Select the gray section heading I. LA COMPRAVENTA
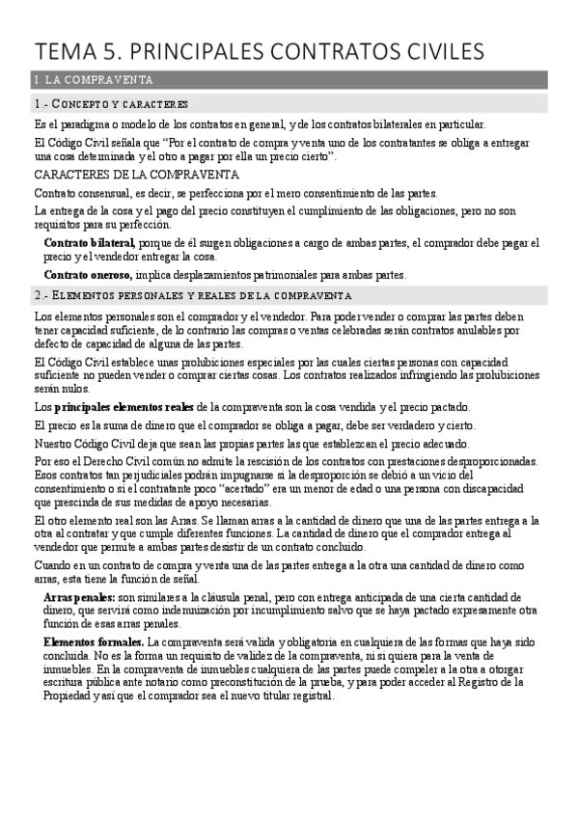coord(91,79)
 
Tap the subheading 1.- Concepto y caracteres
coord(111,103)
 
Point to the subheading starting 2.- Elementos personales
coord(193,294)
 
